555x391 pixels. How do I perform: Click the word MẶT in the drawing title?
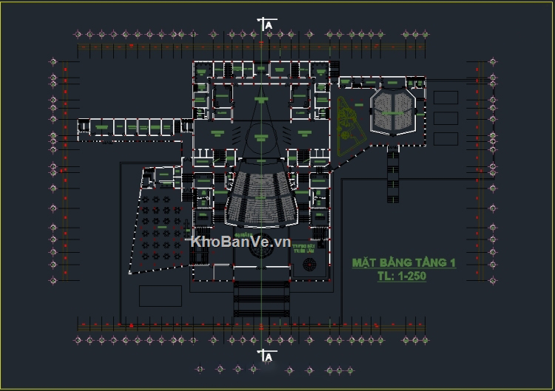coord(363,263)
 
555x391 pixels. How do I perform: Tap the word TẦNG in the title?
coord(425,263)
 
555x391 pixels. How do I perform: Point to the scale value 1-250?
coord(404,276)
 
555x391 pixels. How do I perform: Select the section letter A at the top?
coord(269,25)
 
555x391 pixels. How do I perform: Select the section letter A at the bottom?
coord(269,357)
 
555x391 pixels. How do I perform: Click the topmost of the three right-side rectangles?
coord(445,98)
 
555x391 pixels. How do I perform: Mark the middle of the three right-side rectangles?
coord(445,118)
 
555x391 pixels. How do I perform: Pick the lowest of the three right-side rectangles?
coord(445,139)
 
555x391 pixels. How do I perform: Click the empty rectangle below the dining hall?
coord(160,295)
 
